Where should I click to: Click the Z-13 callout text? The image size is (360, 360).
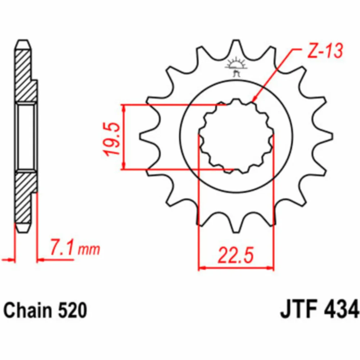point(325,50)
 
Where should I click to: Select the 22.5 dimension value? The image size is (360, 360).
point(236,255)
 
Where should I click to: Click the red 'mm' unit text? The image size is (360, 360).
point(89,249)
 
